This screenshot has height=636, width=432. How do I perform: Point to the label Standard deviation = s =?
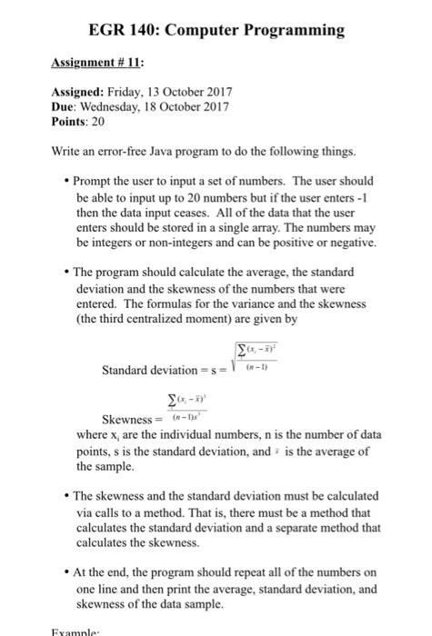click(161, 371)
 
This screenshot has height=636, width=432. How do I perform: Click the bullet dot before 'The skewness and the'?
click(67, 496)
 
